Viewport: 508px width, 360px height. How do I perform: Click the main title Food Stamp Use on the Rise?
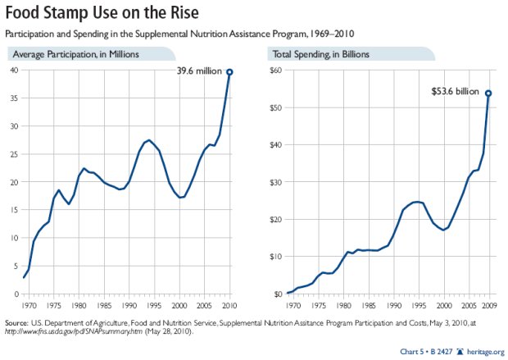point(102,13)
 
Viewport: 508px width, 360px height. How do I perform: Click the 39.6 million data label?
point(199,71)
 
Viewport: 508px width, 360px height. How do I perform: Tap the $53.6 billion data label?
point(455,92)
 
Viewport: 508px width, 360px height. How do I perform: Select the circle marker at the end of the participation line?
point(229,72)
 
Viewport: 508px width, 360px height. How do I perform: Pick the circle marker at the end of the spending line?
point(488,93)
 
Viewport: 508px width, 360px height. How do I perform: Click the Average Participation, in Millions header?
point(76,54)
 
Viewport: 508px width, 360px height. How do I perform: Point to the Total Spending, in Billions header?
point(320,54)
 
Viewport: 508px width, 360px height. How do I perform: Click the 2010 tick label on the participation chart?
point(229,305)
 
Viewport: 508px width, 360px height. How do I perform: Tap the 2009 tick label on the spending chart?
point(488,305)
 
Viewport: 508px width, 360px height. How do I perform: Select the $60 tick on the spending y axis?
point(275,70)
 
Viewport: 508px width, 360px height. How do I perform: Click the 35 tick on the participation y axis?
point(15,98)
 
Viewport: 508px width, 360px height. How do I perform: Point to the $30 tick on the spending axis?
point(275,182)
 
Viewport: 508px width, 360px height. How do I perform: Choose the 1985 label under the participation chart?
point(104,305)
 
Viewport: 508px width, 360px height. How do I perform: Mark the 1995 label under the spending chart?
point(419,305)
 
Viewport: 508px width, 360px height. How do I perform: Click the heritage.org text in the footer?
point(486,352)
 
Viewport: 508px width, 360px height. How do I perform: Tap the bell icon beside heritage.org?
point(460,352)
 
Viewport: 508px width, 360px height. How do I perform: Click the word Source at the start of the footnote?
point(16,323)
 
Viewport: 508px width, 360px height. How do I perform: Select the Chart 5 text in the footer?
point(412,352)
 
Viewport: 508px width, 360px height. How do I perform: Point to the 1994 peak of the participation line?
point(148,140)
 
